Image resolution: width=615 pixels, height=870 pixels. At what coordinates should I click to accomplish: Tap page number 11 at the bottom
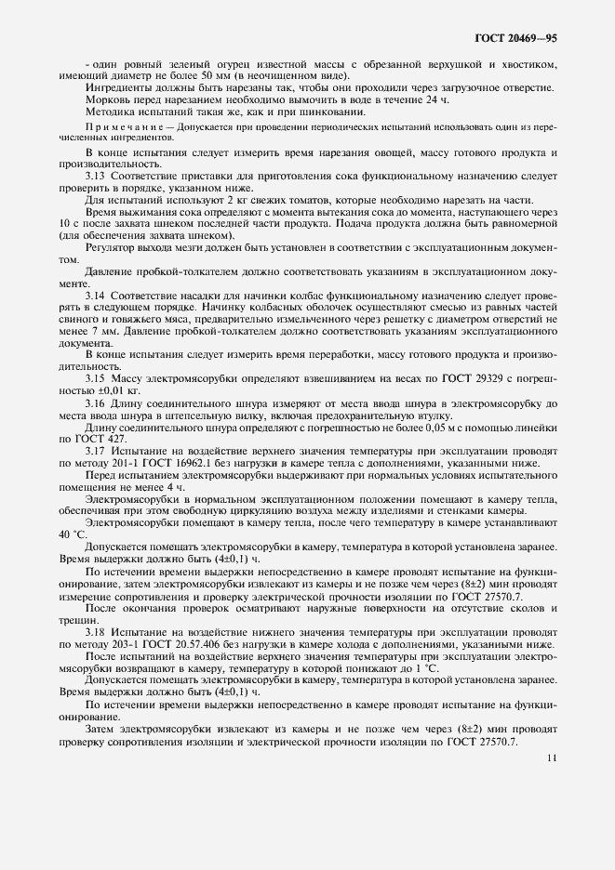pyautogui.click(x=553, y=758)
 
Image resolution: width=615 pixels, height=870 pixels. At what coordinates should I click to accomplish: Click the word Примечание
pyautogui.click(x=116, y=125)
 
